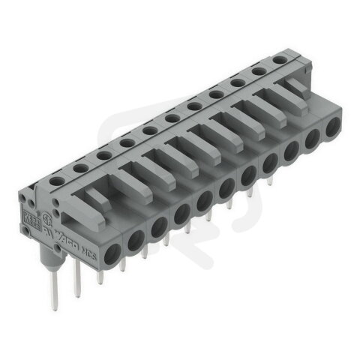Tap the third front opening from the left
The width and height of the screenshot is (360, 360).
(x=159, y=226)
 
